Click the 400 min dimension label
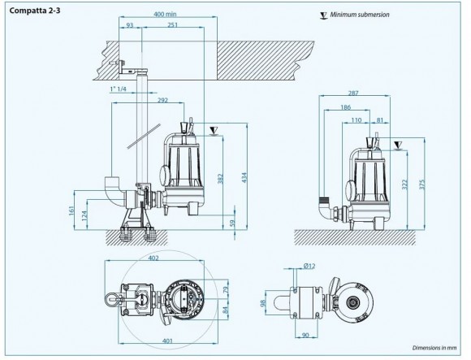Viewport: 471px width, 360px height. coord(165,15)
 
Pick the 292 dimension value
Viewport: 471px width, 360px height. coord(162,101)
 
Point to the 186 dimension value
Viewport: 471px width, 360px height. coord(345,107)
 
